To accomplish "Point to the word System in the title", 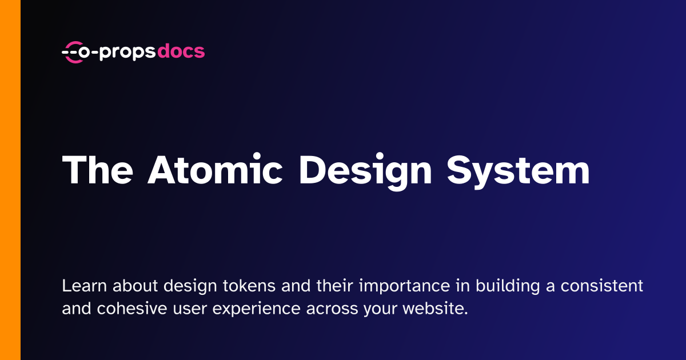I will pos(517,170).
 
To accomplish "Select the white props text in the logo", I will pos(127,52).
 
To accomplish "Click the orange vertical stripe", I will pos(10,180).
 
